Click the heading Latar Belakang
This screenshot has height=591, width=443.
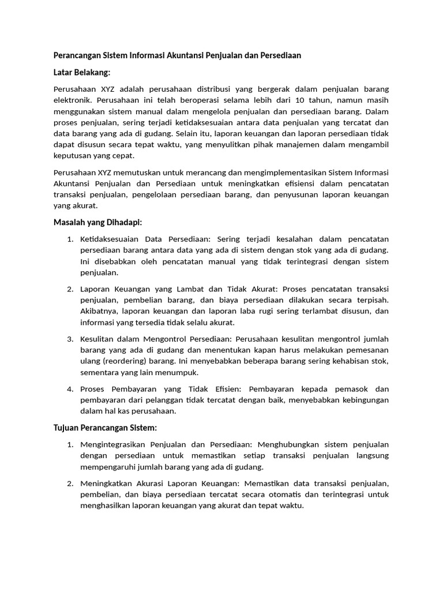click(x=81, y=72)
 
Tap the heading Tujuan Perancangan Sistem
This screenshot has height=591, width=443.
click(x=104, y=428)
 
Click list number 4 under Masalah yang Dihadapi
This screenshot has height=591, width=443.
click(x=70, y=389)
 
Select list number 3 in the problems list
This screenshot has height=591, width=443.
click(x=70, y=339)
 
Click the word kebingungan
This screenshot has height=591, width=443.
click(x=360, y=400)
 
